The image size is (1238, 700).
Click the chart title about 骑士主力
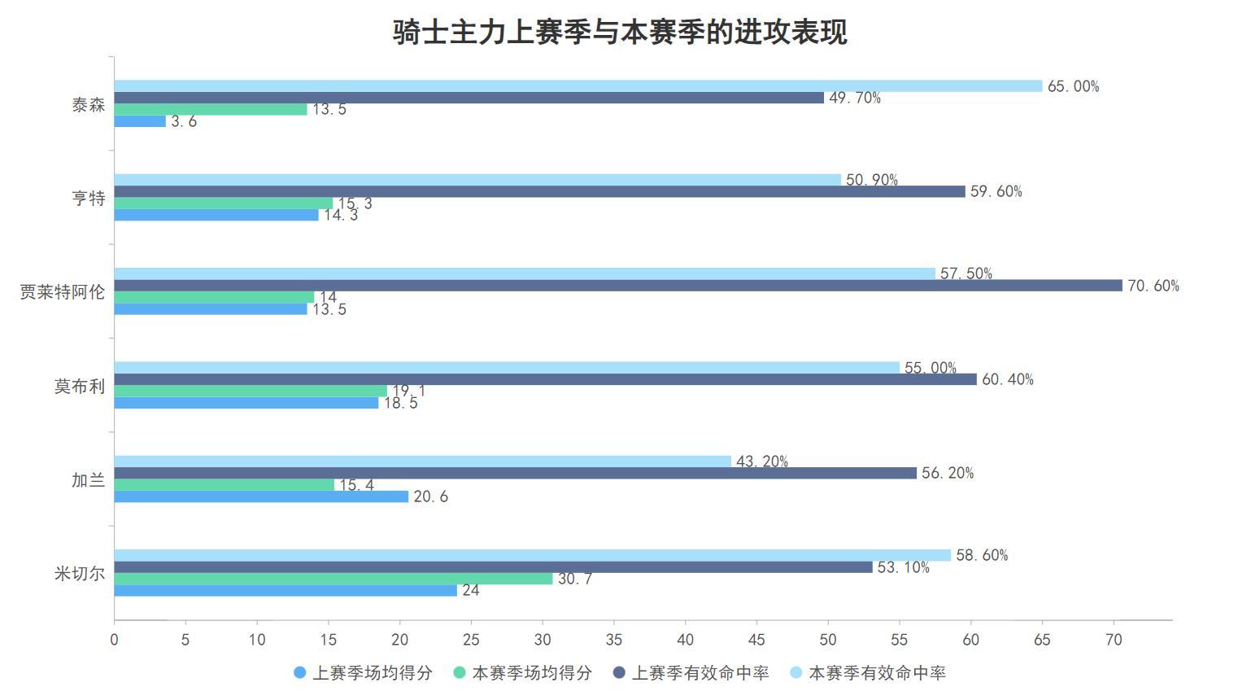(620, 33)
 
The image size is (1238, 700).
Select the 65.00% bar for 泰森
(578, 85)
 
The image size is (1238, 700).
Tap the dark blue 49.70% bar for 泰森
(469, 98)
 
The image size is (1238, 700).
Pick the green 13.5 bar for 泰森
(211, 109)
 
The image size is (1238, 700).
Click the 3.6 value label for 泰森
(184, 122)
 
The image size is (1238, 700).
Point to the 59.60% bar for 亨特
(539, 191)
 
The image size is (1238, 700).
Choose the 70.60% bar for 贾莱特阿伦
(618, 285)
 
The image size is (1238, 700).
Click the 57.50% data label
(966, 273)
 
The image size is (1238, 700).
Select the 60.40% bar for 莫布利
(545, 379)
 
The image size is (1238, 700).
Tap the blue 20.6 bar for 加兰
(261, 497)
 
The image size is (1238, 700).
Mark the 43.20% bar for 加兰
(422, 462)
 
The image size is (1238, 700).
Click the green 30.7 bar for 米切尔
(333, 579)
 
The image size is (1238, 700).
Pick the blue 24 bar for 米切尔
(286, 591)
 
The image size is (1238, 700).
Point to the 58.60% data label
(982, 555)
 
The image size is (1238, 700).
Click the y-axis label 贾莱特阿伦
(63, 291)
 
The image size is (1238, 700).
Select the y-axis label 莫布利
(80, 386)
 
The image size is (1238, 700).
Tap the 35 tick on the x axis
(614, 640)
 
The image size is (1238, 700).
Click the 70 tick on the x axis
(1114, 640)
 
